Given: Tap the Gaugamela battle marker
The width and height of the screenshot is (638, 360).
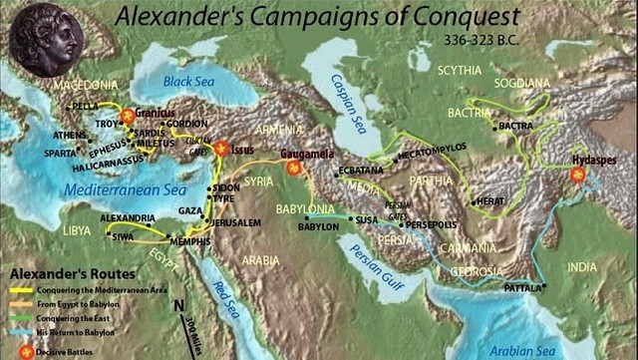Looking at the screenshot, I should tap(292, 170).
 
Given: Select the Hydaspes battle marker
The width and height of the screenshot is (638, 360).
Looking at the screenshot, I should tap(576, 175).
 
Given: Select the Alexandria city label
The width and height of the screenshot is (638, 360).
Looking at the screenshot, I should tap(128, 217).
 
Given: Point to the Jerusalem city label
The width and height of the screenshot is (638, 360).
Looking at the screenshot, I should tap(234, 221).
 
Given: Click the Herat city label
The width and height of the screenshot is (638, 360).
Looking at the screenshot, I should tap(490, 200).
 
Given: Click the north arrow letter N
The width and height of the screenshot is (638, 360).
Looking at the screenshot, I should tap(178, 306).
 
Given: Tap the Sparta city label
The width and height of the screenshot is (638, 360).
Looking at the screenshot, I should tap(59, 154).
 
